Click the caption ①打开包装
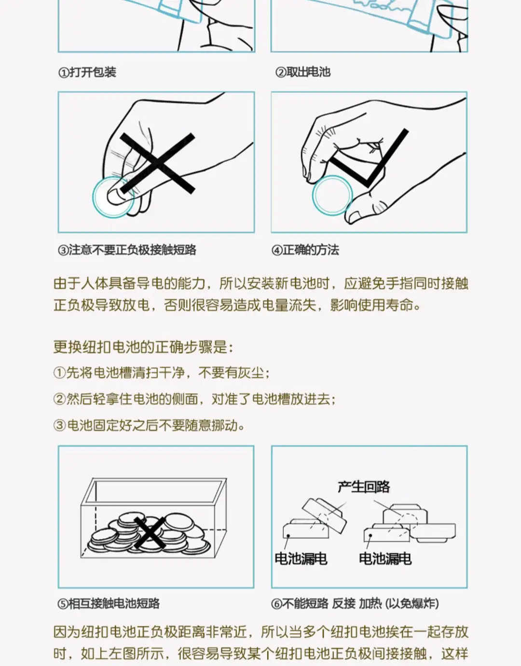[x=87, y=72]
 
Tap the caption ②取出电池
[x=303, y=72]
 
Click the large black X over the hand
[x=157, y=163]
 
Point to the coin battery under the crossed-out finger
[x=113, y=197]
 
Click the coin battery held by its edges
[x=332, y=195]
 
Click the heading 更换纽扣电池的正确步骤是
[x=143, y=347]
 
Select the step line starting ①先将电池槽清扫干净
[x=162, y=373]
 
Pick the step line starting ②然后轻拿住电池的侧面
[x=195, y=399]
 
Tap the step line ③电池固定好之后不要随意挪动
[x=149, y=426]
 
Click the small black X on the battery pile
[x=150, y=533]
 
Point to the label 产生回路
[x=364, y=487]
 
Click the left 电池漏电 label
[x=301, y=559]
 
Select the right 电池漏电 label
[x=385, y=559]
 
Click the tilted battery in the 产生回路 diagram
[x=324, y=516]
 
